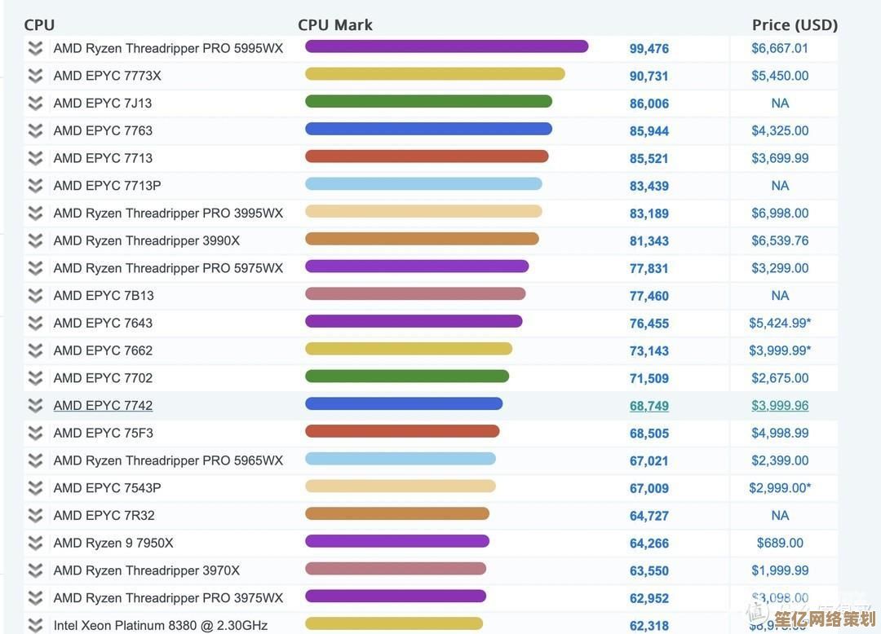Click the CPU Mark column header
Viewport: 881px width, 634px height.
[x=335, y=24]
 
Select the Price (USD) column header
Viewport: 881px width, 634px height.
[x=795, y=24]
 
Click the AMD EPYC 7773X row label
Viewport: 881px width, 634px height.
[x=107, y=76]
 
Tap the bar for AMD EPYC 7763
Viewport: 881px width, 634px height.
[x=428, y=129]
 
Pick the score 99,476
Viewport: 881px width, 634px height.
[x=649, y=49]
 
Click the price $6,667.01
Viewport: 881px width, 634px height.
[x=780, y=48]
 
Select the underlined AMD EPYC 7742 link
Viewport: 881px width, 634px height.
[x=103, y=405]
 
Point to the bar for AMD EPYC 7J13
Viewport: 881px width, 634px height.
[x=428, y=102]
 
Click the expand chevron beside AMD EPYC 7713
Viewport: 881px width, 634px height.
[x=35, y=158]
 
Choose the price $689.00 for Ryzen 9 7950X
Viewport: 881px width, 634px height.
[x=780, y=543]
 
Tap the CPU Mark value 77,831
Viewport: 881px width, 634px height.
[x=649, y=268]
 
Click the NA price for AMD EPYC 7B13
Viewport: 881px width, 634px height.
[x=780, y=295]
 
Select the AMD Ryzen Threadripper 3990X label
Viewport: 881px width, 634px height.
[x=146, y=240]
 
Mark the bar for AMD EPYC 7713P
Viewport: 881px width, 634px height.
[x=423, y=184]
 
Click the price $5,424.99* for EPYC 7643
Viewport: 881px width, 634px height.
[x=780, y=323]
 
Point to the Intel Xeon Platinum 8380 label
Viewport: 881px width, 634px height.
[x=160, y=625]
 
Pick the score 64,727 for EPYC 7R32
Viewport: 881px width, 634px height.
[x=649, y=516]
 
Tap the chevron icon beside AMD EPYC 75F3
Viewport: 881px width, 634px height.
[x=35, y=433]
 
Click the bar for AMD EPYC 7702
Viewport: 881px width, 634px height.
[x=407, y=376]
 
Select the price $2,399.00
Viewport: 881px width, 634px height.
[x=780, y=460]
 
